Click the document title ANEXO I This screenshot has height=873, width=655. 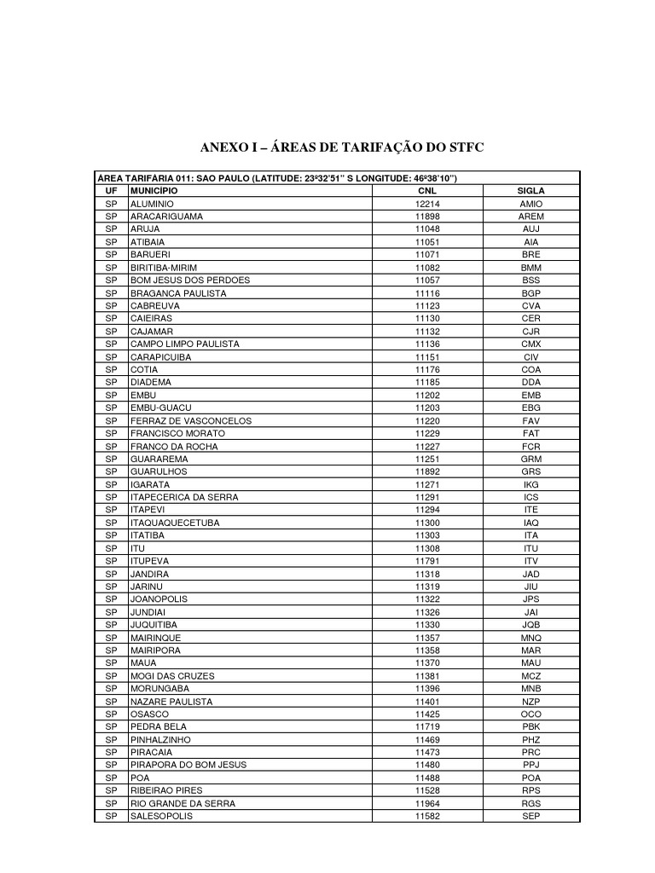[x=341, y=147]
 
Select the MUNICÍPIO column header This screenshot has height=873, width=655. [x=154, y=191]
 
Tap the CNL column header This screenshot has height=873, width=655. [x=427, y=191]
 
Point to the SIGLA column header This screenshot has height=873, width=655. [x=530, y=191]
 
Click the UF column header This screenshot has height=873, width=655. [x=111, y=191]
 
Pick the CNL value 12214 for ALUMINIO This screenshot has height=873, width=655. [x=427, y=205]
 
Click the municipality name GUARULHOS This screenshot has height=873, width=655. [x=159, y=471]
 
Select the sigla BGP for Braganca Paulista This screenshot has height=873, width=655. [x=530, y=293]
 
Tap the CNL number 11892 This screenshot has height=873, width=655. [x=427, y=471]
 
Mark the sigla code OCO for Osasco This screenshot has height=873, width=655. [x=530, y=714]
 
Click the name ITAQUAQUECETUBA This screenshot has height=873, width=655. [x=175, y=523]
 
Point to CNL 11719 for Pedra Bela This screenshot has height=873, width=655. [x=427, y=726]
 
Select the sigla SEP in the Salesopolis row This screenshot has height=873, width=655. [x=530, y=816]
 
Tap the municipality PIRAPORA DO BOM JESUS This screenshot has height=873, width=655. [x=188, y=765]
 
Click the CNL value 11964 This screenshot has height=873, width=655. [x=427, y=803]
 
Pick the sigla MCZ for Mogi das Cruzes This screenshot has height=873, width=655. [x=530, y=675]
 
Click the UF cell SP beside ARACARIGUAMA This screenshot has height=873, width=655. [x=111, y=217]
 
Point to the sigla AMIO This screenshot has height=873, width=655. [x=530, y=205]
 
